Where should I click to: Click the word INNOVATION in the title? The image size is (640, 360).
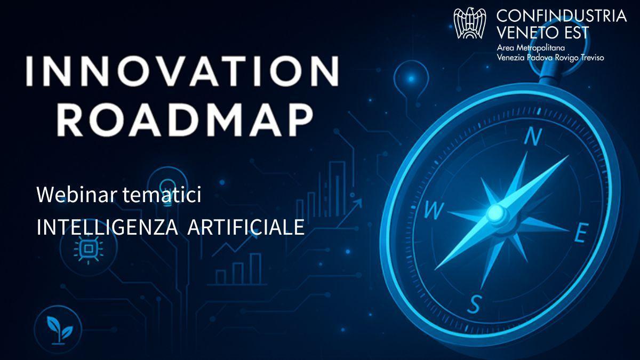pos(183,71)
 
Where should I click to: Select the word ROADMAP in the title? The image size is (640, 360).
pos(185,120)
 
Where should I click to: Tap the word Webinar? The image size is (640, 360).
pos(77,195)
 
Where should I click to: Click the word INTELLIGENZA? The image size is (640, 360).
pos(107,227)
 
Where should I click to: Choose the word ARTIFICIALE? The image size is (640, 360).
pos(246,227)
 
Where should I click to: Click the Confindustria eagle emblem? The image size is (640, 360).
pos(470,23)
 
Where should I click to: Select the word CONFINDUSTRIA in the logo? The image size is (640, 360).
pos(562,16)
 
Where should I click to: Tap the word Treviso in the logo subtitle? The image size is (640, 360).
pos(590,58)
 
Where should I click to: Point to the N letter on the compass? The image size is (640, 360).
pos(533,137)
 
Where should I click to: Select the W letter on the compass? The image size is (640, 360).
pos(434,211)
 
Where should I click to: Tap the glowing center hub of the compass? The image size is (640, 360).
pos(495,213)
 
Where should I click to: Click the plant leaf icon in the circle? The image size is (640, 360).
pos(59,329)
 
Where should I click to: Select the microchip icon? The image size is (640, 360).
pos(89,249)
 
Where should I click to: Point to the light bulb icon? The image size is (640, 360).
pos(167,189)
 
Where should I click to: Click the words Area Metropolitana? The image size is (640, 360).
pos(531,47)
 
